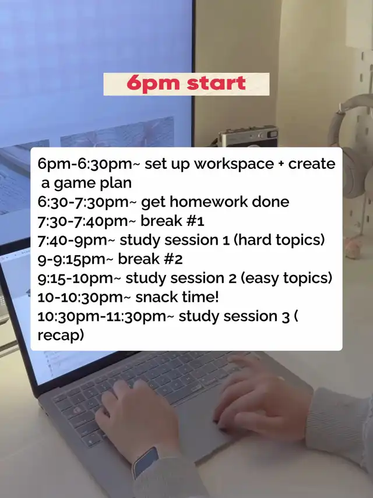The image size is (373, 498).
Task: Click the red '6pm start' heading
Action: click(186, 83)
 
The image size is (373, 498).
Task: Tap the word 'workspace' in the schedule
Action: click(234, 164)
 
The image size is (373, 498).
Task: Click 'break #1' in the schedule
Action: click(172, 221)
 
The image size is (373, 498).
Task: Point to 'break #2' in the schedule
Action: click(150, 259)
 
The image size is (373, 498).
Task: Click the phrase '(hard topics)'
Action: click(279, 240)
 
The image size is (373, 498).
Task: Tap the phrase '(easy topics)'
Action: click(286, 278)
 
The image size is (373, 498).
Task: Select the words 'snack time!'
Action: click(177, 297)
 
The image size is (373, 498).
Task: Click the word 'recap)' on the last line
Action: click(61, 335)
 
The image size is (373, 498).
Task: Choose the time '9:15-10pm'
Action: click(75, 278)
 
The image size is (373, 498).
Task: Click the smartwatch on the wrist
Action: click(146, 462)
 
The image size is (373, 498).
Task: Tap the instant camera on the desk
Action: click(248, 136)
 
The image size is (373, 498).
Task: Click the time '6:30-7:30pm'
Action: click(83, 202)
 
